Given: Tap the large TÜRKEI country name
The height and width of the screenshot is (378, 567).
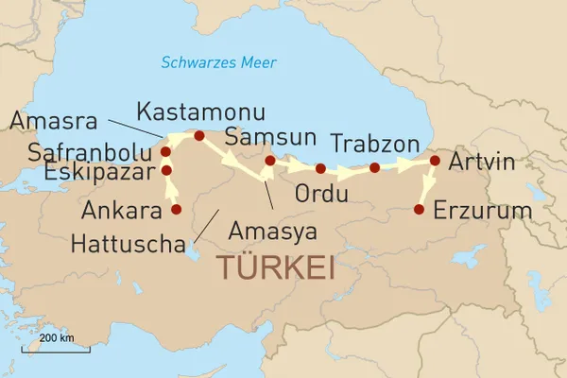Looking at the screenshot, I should [276, 266].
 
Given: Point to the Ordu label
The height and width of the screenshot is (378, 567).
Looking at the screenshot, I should [321, 196].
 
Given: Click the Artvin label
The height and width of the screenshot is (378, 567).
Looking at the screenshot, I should [482, 162].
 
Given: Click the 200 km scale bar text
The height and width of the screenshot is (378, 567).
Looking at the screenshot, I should [57, 337].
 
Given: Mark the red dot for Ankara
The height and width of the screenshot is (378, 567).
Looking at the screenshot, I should [175, 209].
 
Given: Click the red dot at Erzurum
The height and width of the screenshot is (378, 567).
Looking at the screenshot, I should [420, 209].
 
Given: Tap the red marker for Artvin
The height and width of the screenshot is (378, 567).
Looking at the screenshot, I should [435, 161].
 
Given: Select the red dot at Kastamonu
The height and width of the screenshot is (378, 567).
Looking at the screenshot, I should [198, 136].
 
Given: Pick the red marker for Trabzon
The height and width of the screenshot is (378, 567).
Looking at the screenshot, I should [374, 168].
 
